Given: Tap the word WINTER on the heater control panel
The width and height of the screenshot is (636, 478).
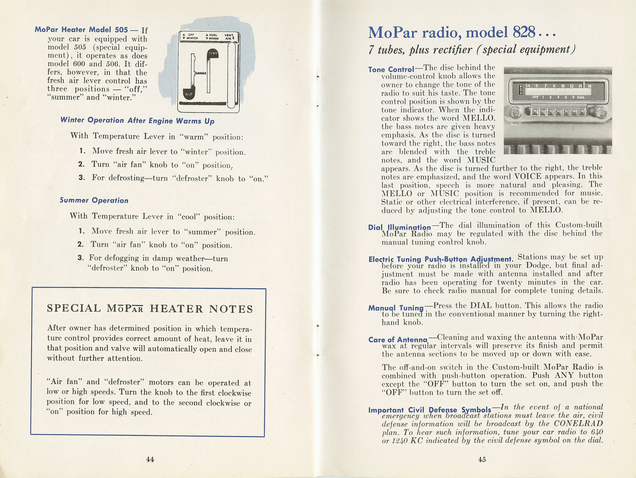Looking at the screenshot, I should click(x=192, y=38).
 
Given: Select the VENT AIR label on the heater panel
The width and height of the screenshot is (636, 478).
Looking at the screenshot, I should click(x=229, y=37).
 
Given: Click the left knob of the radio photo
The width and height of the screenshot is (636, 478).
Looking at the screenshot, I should click(x=515, y=113).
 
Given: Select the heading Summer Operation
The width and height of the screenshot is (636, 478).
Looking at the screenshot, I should click(x=94, y=201).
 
